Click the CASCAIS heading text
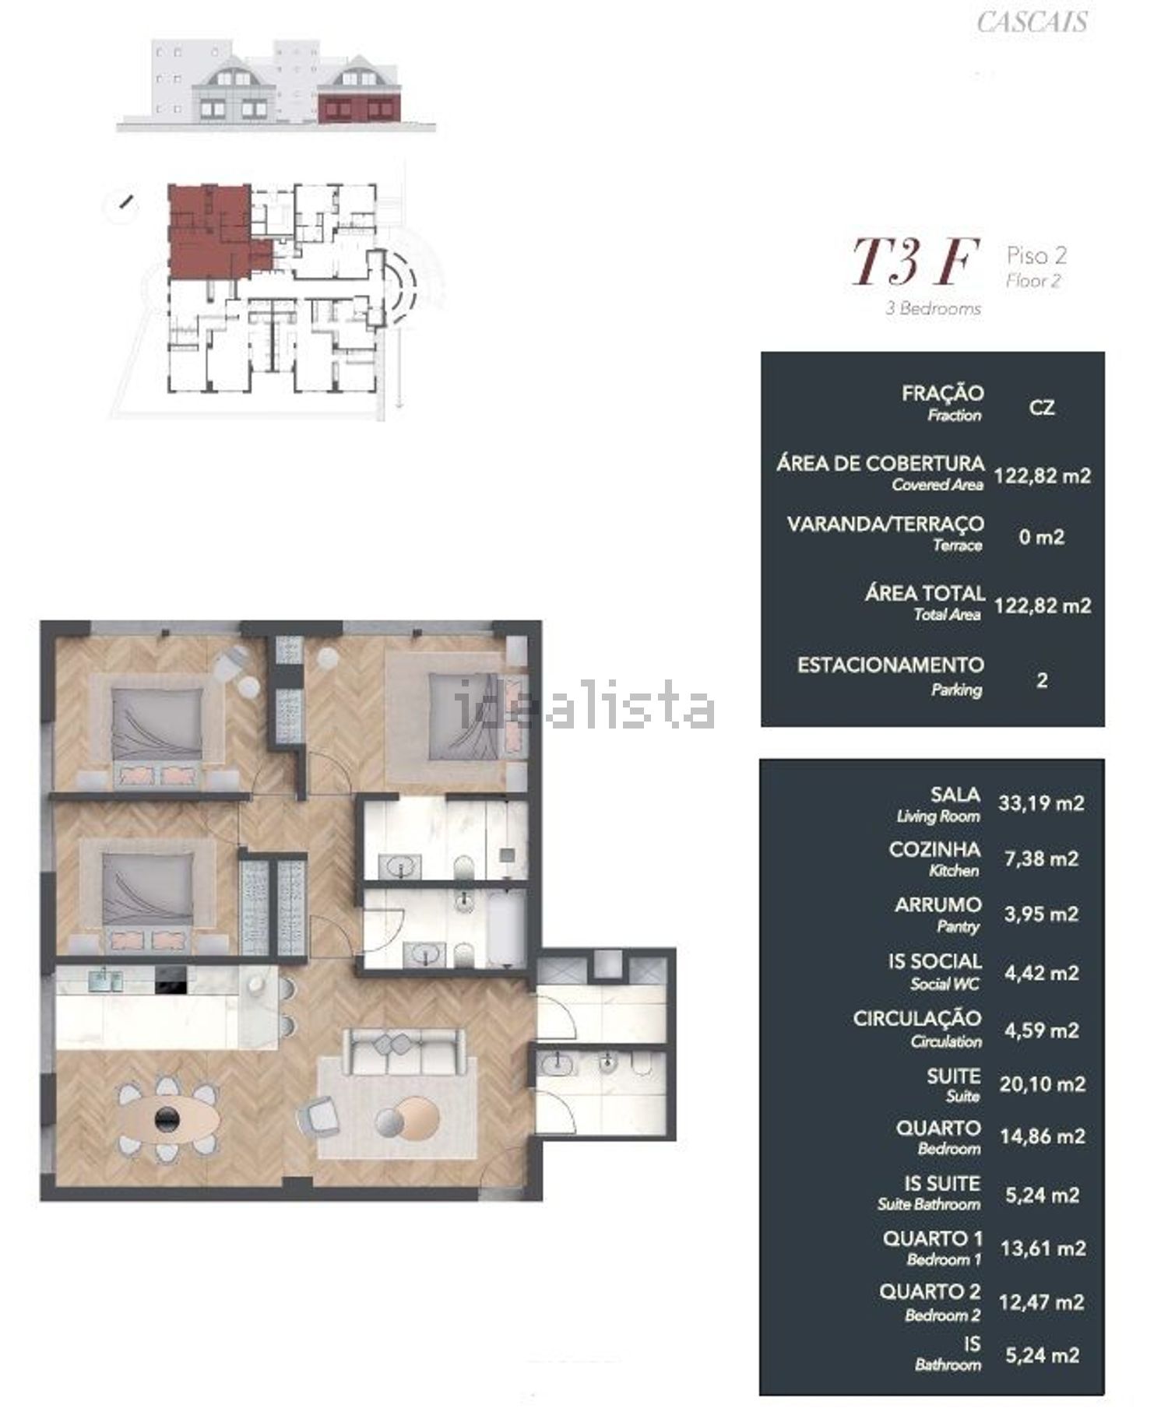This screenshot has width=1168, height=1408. (x=1032, y=22)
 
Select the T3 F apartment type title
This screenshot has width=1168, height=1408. (x=914, y=262)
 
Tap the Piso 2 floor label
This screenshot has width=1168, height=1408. (x=1036, y=255)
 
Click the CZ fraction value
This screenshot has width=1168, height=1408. (x=1041, y=407)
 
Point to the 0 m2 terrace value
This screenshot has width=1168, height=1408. (x=1041, y=536)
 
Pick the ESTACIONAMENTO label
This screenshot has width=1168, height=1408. (x=890, y=665)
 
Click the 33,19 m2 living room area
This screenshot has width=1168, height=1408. (x=1041, y=802)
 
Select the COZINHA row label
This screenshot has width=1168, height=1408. (x=934, y=849)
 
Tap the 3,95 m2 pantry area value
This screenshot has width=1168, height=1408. (x=1041, y=913)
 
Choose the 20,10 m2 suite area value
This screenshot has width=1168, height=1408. (x=1042, y=1083)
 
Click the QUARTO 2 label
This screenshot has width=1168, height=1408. (x=930, y=1291)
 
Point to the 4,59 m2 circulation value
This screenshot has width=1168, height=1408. (x=1041, y=1030)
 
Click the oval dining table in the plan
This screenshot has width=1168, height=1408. (x=167, y=1119)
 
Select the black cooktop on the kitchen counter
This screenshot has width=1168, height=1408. (x=171, y=981)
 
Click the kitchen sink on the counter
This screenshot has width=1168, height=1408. (x=105, y=980)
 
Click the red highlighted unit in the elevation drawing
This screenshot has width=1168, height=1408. (x=360, y=107)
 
